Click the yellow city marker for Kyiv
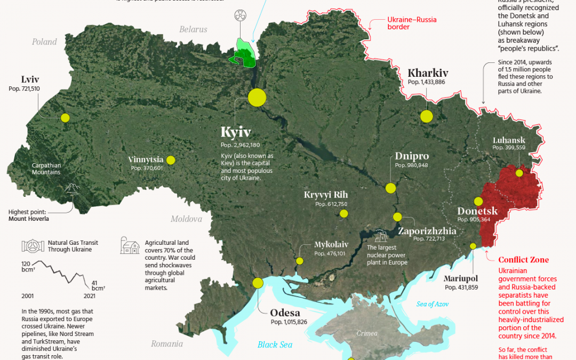[257, 98]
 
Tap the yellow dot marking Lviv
[65, 118]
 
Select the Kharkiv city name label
[428, 73]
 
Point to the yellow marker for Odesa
[258, 283]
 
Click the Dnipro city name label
[412, 156]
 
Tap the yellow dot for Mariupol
[473, 246]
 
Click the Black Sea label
[275, 345]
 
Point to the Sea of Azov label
[433, 304]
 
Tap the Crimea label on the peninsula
[367, 333]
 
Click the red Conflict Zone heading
[523, 260]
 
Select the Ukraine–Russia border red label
[411, 23]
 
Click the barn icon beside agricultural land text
[130, 246]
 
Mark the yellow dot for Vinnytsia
[171, 160]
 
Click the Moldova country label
[186, 219]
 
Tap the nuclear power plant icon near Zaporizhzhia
[381, 236]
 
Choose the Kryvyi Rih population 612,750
[331, 204]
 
